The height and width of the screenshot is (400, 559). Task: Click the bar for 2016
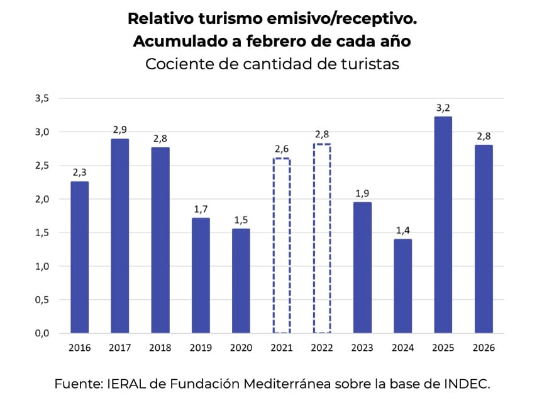pyautogui.click(x=79, y=257)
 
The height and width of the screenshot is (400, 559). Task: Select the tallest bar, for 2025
pyautogui.click(x=443, y=225)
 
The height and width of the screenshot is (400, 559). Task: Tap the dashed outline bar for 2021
pyautogui.click(x=282, y=246)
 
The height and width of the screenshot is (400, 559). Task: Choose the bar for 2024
pyautogui.click(x=403, y=286)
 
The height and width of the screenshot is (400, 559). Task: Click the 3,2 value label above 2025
pyautogui.click(x=443, y=108)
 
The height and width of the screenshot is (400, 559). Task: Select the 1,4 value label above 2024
pyautogui.click(x=403, y=231)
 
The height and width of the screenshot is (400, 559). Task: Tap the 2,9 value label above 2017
pyautogui.click(x=120, y=130)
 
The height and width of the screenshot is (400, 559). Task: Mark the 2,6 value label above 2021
pyautogui.click(x=282, y=149)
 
